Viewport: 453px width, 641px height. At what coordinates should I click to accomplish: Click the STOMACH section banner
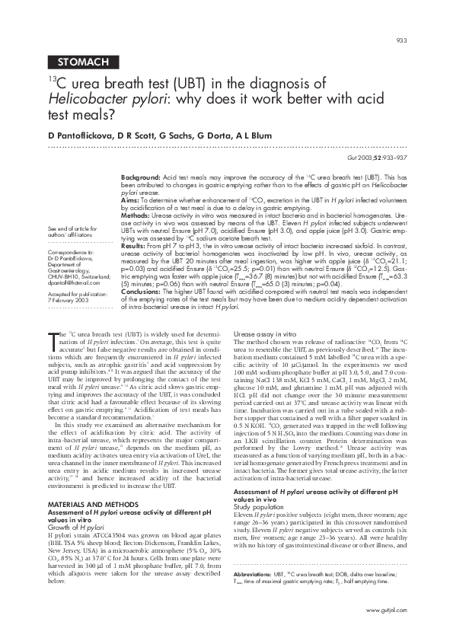[x=85, y=61]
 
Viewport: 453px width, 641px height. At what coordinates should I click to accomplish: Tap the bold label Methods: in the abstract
[x=136, y=215]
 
